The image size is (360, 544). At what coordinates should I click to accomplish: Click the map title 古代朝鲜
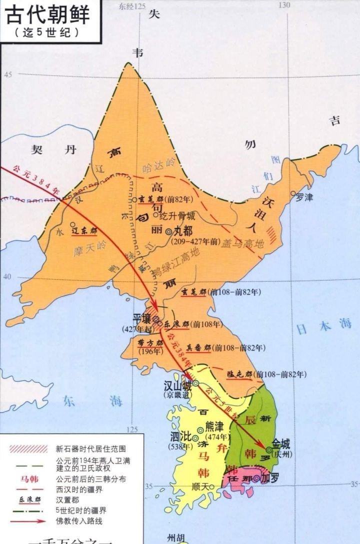[48, 15]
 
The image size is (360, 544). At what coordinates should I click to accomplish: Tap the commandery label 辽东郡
[83, 231]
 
